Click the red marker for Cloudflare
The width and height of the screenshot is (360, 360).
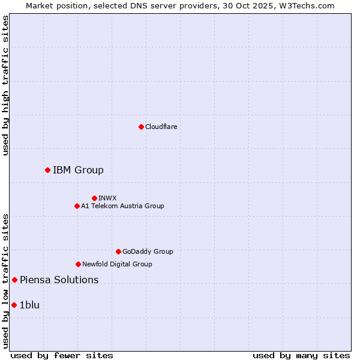141,127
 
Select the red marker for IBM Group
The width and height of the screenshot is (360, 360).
47,170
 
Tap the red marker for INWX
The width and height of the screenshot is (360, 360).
94,198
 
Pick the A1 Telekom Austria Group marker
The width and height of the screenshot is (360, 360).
77,206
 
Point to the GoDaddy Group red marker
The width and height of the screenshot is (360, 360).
118,251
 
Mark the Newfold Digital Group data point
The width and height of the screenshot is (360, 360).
78,264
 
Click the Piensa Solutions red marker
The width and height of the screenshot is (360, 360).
15,280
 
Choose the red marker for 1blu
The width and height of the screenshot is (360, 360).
14,305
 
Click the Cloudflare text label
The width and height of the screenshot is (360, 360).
161,127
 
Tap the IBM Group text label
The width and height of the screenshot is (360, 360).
78,170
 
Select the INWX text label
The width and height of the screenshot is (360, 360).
107,198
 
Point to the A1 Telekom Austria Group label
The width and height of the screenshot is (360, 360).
122,206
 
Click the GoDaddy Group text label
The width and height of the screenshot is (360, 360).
148,251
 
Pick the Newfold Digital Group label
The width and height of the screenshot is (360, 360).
117,264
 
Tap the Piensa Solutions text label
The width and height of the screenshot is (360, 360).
59,280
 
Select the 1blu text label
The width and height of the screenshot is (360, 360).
29,305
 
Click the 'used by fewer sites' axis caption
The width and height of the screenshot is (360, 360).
62,355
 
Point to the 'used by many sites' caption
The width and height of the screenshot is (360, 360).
301,355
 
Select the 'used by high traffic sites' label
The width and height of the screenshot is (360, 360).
5,85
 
